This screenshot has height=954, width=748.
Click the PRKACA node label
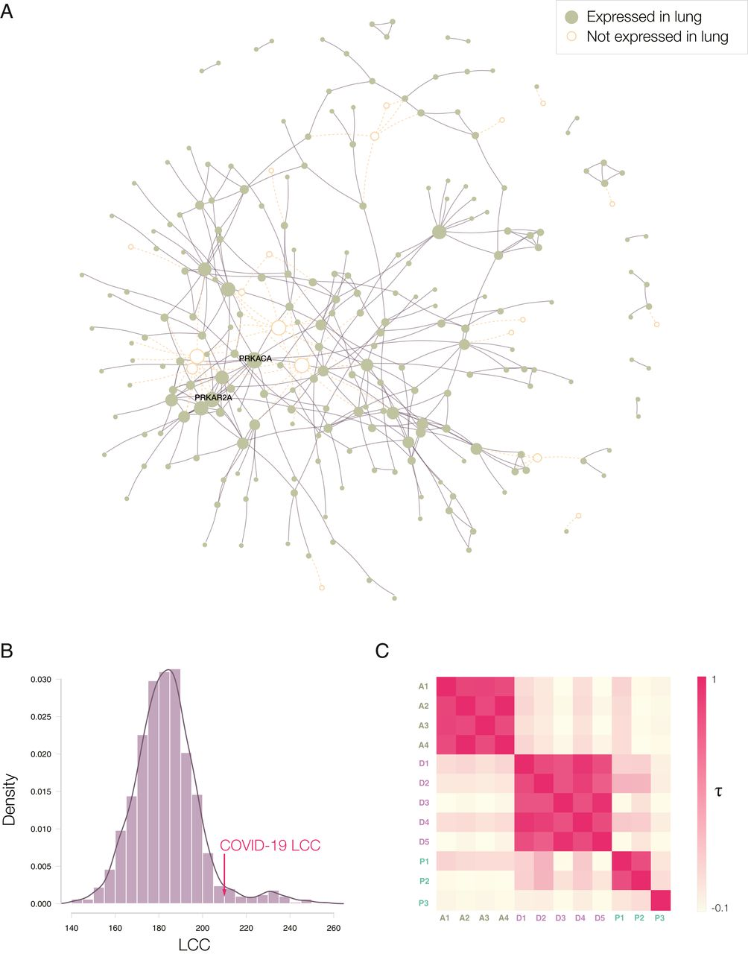tap(255, 358)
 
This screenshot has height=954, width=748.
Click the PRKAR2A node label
tap(213, 398)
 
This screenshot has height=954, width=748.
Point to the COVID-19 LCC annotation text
tap(270, 846)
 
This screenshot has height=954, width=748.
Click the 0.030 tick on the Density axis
tap(42, 680)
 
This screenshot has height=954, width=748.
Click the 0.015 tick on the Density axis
tap(42, 792)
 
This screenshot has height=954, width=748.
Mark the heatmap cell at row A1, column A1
tap(445, 686)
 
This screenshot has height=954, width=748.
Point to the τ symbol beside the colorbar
tap(718, 792)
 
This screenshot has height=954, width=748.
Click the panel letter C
tap(382, 650)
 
